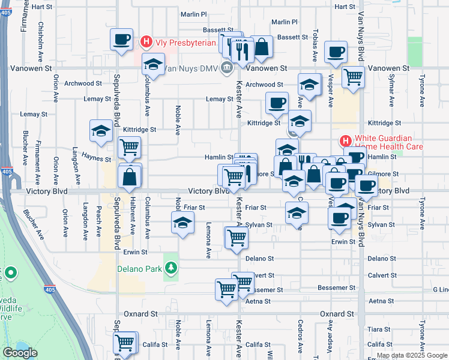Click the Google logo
20,353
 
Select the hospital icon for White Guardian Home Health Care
345,142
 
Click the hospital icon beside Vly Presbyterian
145,42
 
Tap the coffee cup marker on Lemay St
277,104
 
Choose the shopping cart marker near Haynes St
130,146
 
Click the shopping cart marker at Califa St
124,344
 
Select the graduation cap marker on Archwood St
309,84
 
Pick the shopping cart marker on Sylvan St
237,238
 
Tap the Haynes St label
96,160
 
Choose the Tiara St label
379,329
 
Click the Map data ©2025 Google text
412,355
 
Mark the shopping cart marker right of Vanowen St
353,77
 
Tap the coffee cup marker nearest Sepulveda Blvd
121,40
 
